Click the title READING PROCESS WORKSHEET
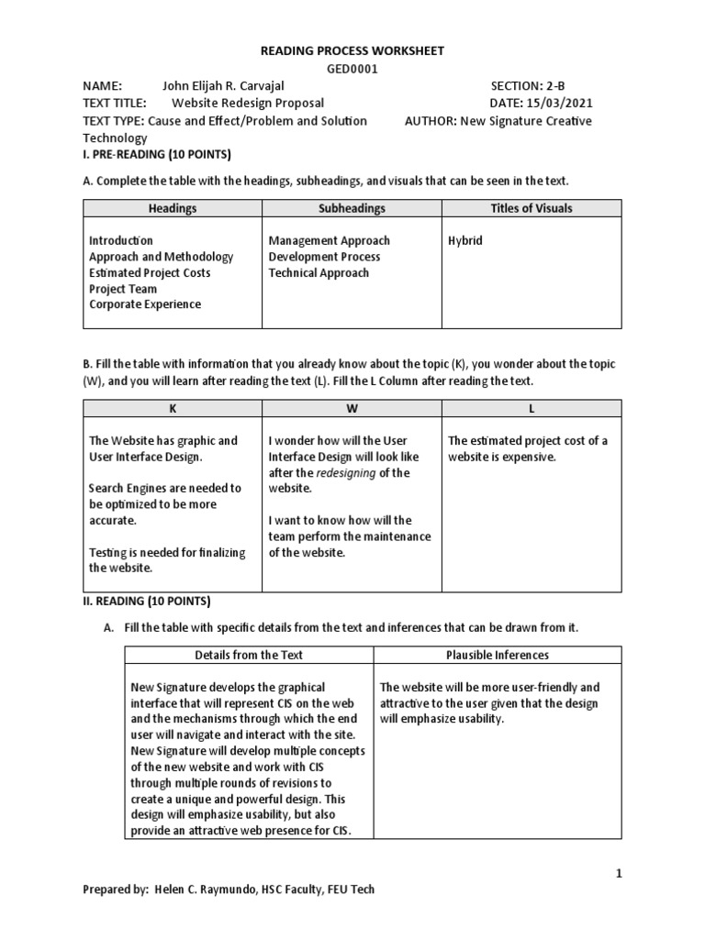pyautogui.click(x=352, y=50)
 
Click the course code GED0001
pyautogui.click(x=352, y=69)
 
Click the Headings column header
pyautogui.click(x=173, y=208)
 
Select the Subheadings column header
pyautogui.click(x=352, y=208)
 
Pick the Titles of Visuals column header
pyautogui.click(x=532, y=208)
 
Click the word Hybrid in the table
pyautogui.click(x=465, y=240)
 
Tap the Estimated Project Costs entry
pyautogui.click(x=150, y=272)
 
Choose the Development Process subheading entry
pyautogui.click(x=324, y=257)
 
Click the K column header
pyautogui.click(x=173, y=408)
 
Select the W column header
pyautogui.click(x=352, y=408)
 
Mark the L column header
pyautogui.click(x=532, y=408)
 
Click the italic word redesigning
pyautogui.click(x=346, y=472)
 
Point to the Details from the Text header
pyautogui.click(x=249, y=655)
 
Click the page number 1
pyautogui.click(x=619, y=874)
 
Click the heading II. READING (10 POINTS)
pyautogui.click(x=146, y=602)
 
